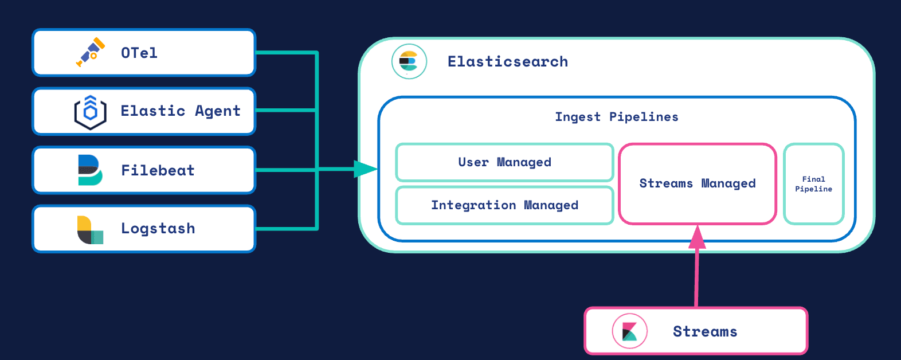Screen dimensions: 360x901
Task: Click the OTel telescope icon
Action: pos(91,52)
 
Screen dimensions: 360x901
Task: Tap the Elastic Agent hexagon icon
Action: pos(90,112)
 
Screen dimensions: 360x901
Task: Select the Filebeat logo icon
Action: pos(90,170)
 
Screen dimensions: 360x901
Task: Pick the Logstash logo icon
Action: pos(90,229)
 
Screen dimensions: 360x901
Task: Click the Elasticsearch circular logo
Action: pos(409,61)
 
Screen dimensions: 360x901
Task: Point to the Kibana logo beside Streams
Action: pos(629,331)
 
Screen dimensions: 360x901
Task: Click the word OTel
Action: pos(139,53)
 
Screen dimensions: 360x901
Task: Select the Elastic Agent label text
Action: pos(181,111)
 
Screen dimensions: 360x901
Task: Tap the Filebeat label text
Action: pos(158,170)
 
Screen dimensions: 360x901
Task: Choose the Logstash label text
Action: pos(158,229)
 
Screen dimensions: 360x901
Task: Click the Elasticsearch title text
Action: pos(508,61)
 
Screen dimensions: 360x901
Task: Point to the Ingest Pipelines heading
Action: pos(617,117)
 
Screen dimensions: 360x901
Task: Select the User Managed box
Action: pos(504,162)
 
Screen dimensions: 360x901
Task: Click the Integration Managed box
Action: pos(504,205)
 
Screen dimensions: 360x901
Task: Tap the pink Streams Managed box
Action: pos(698,183)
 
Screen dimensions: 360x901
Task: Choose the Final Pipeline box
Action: pos(813,184)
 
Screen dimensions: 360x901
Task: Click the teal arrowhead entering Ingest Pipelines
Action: pos(365,169)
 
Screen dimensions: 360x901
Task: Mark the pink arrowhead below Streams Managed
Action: pos(697,236)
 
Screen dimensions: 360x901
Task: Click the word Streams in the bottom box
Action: pos(705,331)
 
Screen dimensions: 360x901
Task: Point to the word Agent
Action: pos(218,111)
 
